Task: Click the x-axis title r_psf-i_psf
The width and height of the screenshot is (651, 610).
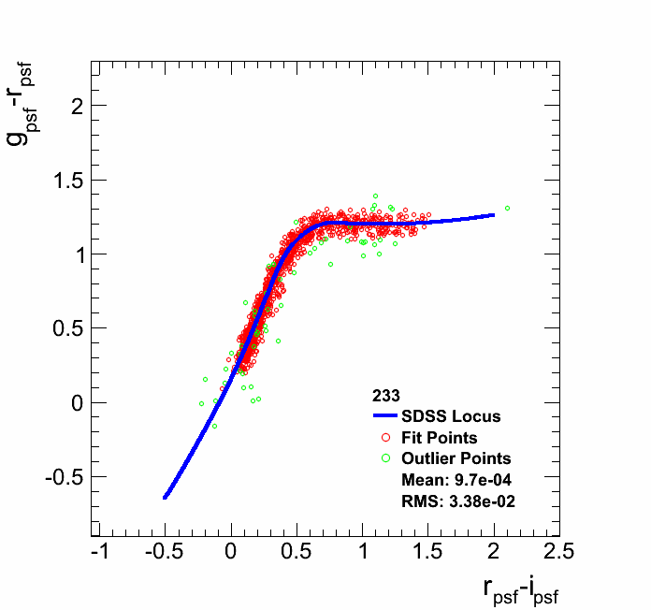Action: [x=520, y=589]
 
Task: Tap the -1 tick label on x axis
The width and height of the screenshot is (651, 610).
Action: [x=99, y=550]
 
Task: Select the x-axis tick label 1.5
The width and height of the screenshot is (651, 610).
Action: [x=428, y=550]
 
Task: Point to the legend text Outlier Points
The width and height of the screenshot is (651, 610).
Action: [x=456, y=458]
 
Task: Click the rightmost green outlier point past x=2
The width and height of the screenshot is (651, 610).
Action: [x=507, y=208]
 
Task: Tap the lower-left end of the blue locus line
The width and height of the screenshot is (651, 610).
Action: [x=166, y=497]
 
